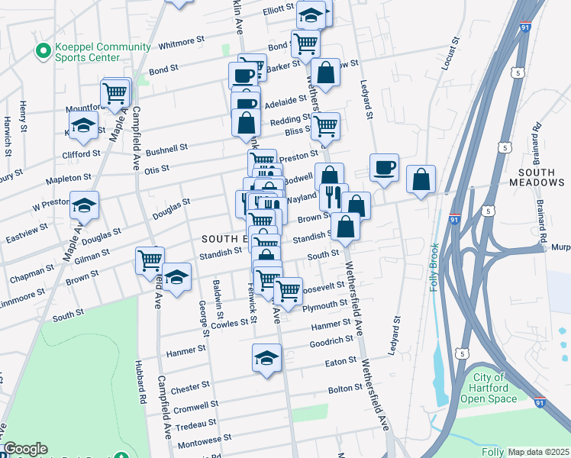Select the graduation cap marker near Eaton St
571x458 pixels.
266,357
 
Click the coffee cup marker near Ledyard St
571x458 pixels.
384,167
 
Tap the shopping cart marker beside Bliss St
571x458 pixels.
325,125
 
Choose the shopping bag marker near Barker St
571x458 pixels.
326,73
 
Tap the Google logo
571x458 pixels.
25,449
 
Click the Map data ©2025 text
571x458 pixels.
538,452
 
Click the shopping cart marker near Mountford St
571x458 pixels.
115,94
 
